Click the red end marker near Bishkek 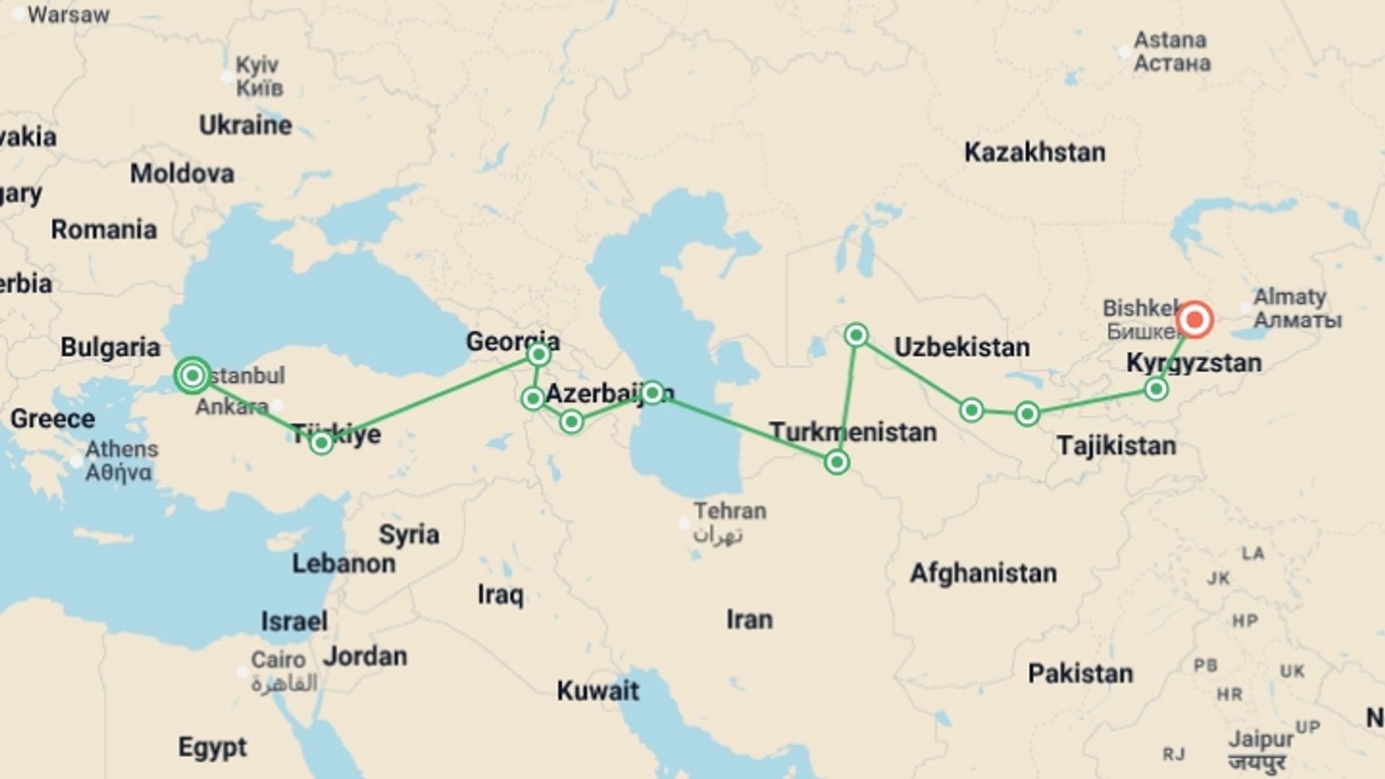point(1194,320)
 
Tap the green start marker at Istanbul point(192,375)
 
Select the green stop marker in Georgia point(538,354)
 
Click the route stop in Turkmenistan point(837,462)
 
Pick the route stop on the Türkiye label point(321,442)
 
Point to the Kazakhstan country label point(1034,152)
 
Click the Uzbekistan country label point(962,347)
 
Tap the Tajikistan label point(1116,446)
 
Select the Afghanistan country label point(982,573)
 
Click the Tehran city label point(729,511)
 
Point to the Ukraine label point(245,126)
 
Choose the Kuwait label point(597,691)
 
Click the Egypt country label point(212,747)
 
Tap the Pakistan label point(1080,674)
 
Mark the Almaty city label point(1290,297)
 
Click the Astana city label point(1169,40)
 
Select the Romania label point(103,229)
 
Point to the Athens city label point(121,449)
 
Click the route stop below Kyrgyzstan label point(1156,389)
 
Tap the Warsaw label point(68,14)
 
